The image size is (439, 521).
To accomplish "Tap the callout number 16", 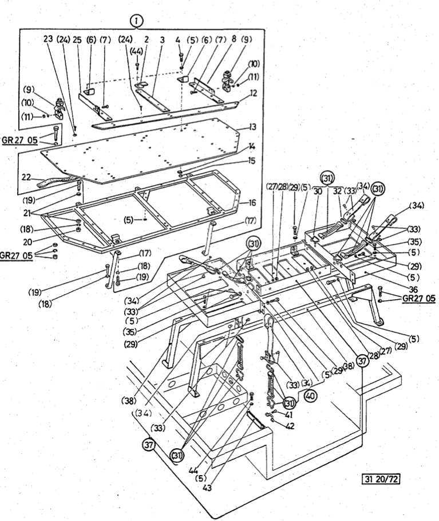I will coord(252,203).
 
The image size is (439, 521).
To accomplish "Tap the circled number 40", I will coord(310,395).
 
